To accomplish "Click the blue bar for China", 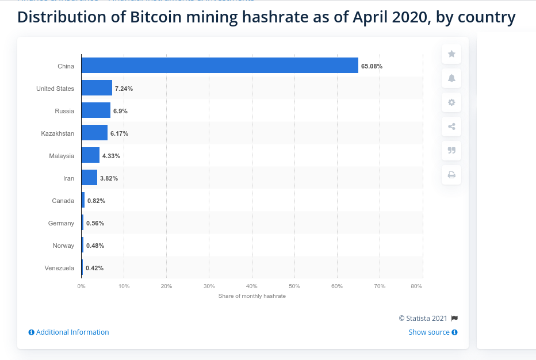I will coord(220,66).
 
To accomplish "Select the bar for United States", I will coord(97,88).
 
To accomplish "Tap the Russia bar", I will coord(95,110).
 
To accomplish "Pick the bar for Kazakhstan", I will coord(94,133).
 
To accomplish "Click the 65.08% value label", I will coord(372,66).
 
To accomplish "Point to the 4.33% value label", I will coord(111,156).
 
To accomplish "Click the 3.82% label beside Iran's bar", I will coord(109,178).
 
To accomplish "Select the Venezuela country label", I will coord(59,268).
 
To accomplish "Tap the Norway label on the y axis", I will coord(63,246).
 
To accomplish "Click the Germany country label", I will coord(61,223).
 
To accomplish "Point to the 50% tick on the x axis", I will coord(294,286).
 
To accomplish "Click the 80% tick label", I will coord(417,286).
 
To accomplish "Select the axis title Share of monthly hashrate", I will coord(252,296).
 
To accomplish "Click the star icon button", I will coord(451,54).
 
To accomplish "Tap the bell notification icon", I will coord(451,78).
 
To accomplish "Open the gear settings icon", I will coord(451,102).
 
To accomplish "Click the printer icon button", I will coord(451,175).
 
